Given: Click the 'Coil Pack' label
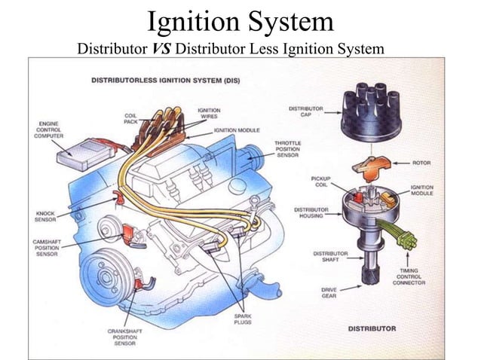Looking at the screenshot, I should click(x=130, y=118).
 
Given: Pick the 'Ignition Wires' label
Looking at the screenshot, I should click(x=209, y=113).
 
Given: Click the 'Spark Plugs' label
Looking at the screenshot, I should click(x=243, y=319).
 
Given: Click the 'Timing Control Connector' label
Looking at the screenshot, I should click(x=409, y=276).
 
